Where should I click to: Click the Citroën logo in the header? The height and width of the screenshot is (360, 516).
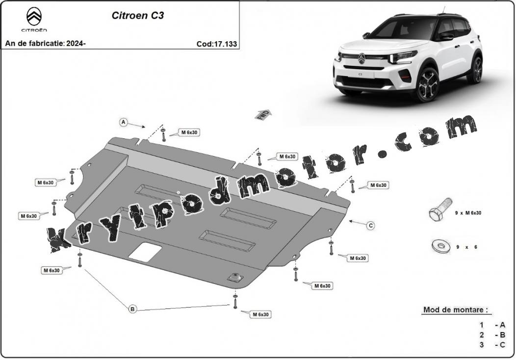pyautogui.click(x=34, y=20)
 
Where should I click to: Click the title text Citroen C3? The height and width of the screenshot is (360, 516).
pyautogui.click(x=138, y=16)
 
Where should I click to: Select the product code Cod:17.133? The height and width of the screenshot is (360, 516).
pyautogui.click(x=216, y=44)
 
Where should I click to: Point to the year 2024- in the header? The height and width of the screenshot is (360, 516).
pyautogui.click(x=76, y=44)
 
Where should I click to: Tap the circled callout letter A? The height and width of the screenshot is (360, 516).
pyautogui.click(x=124, y=123)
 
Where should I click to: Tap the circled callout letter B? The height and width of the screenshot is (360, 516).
pyautogui.click(x=132, y=309)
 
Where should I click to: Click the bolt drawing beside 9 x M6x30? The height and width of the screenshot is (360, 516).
pyautogui.click(x=440, y=210)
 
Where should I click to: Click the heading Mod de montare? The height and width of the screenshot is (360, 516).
pyautogui.click(x=456, y=309)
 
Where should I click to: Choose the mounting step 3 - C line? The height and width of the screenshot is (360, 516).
pyautogui.click(x=492, y=344)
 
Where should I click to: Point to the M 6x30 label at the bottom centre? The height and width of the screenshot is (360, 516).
pyautogui.click(x=260, y=314)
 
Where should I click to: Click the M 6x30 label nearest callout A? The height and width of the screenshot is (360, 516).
pyautogui.click(x=189, y=132)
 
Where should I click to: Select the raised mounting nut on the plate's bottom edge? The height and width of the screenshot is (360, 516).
pyautogui.click(x=235, y=277)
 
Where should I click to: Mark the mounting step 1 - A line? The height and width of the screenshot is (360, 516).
pyautogui.click(x=492, y=325)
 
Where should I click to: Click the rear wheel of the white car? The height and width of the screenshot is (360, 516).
pyautogui.click(x=477, y=70)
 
